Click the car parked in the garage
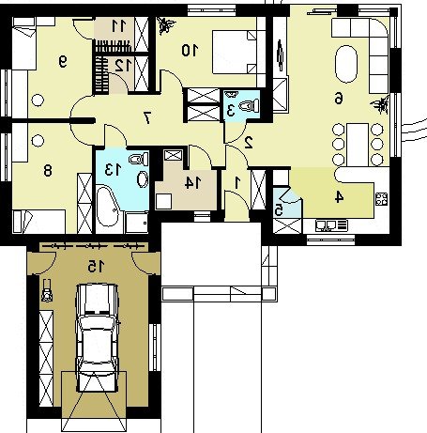pos(98,337)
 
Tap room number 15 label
pos(96,266)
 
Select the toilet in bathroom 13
pos(139,159)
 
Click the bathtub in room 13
pos(107,206)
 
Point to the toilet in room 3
pos(250,105)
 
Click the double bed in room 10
pos(235,52)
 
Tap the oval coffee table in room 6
pos(346,64)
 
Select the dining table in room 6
pos(358,145)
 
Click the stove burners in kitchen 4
pos(382,199)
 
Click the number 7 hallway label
pos(146,118)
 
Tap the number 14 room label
pos(192,183)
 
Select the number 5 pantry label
pos(278,209)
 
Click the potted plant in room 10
pos(165,24)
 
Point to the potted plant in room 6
pos(381,104)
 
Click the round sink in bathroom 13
pos(143,179)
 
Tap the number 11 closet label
pos(118,26)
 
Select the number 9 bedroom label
pos(63,62)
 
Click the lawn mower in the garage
pos(47,291)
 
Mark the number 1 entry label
pos(236,183)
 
